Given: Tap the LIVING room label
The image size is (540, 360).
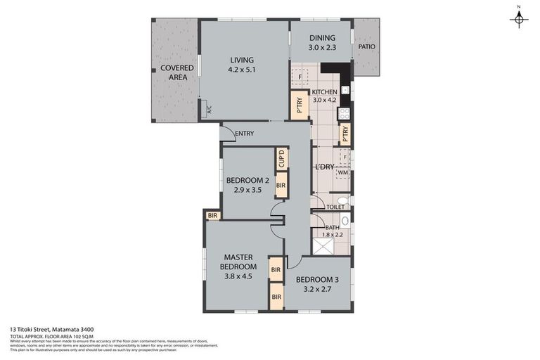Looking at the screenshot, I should (x=240, y=60).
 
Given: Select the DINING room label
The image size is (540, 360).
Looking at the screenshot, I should (x=321, y=38).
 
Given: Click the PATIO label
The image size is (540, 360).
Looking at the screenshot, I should (x=366, y=47).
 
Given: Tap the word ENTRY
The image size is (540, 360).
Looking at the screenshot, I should (x=245, y=134).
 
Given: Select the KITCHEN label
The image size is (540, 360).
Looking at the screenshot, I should (x=325, y=92).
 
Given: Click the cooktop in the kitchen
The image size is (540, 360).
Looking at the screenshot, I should (x=345, y=112).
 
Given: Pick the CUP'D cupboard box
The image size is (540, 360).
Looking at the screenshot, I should (x=281, y=159).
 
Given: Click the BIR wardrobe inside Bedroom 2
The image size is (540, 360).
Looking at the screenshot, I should (x=281, y=186).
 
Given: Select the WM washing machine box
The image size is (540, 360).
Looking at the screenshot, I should (x=342, y=172).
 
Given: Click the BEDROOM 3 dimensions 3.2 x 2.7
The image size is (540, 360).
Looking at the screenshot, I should (x=321, y=288).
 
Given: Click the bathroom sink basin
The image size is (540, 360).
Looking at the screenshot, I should (x=345, y=220).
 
